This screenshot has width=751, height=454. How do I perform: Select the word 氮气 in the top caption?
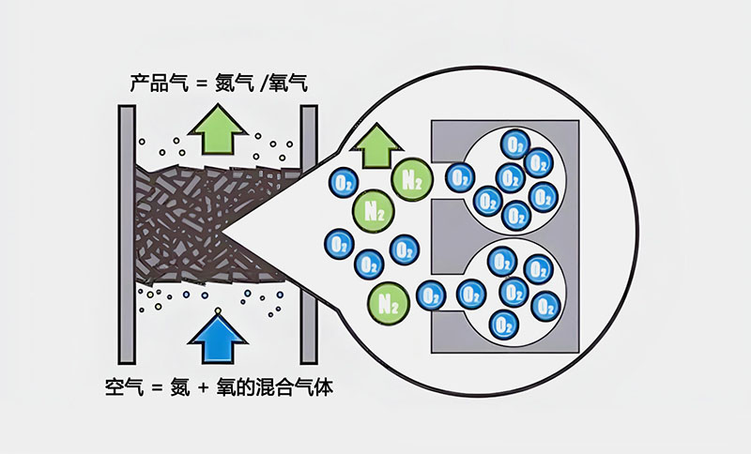[232, 84]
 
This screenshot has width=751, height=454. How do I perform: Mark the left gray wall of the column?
[128, 235]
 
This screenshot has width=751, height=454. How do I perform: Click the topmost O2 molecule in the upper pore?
[513, 144]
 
